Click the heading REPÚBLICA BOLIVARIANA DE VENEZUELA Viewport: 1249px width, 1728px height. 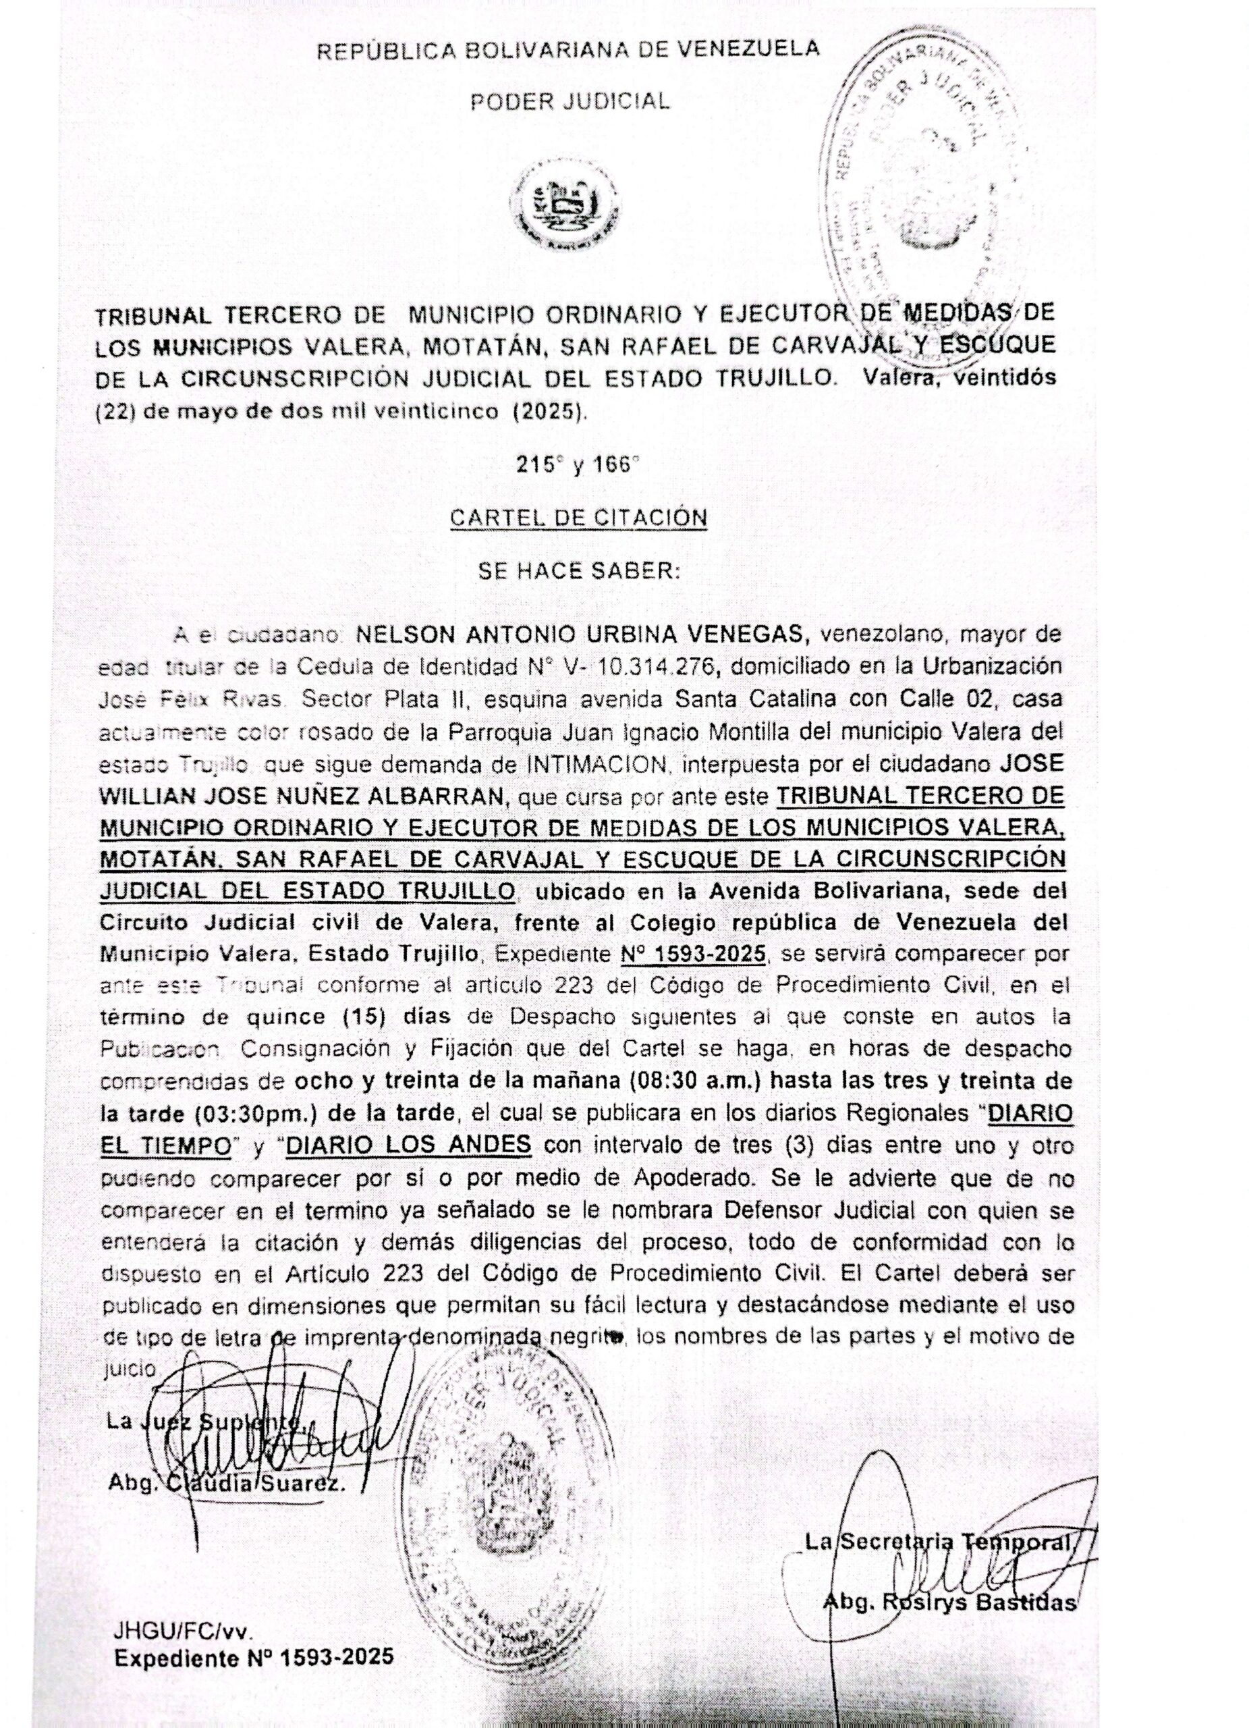[x=568, y=49]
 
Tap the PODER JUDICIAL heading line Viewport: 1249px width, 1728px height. [x=570, y=101]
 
